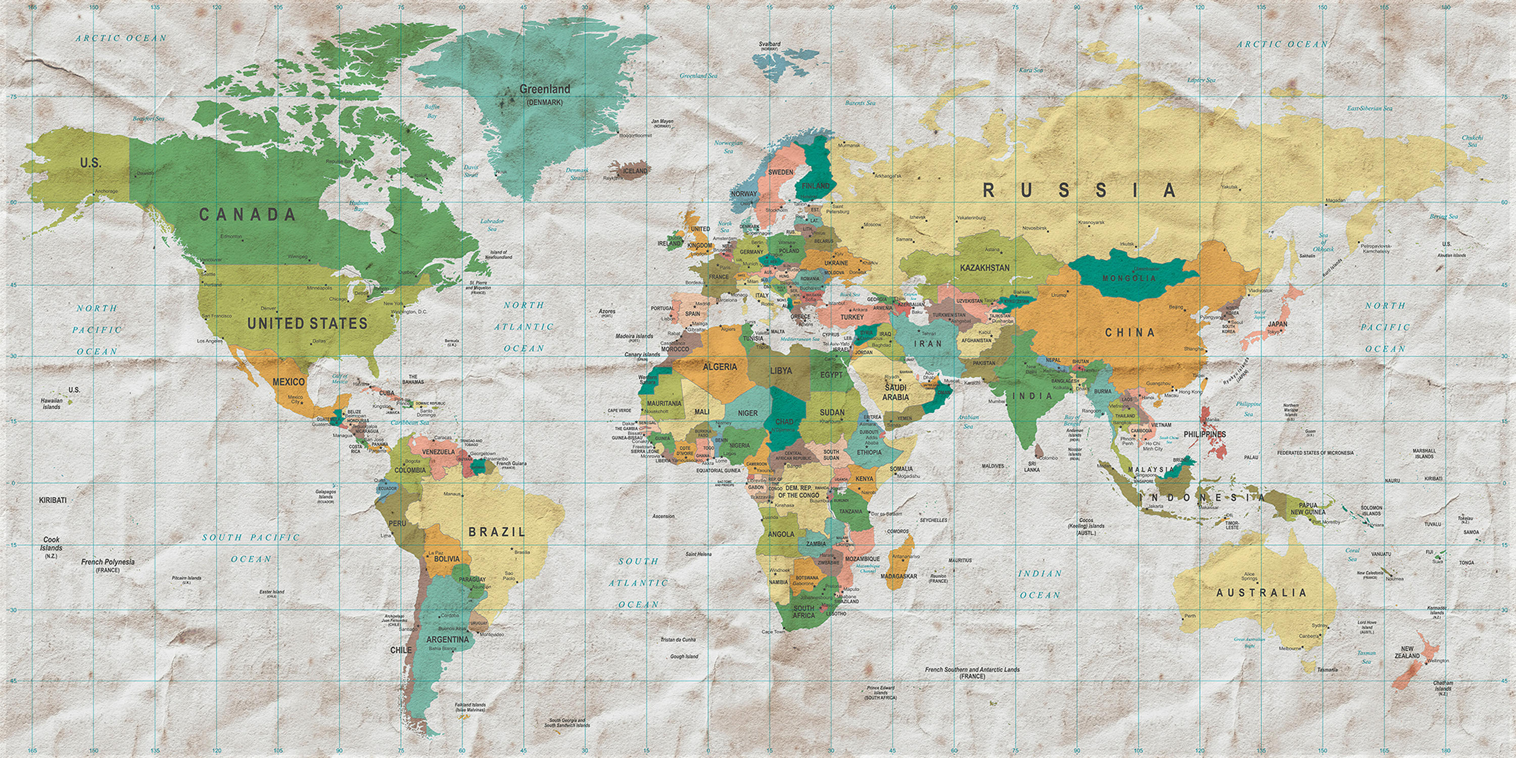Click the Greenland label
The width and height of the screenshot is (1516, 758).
coord(544,89)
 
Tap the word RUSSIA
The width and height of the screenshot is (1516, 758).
coord(1080,190)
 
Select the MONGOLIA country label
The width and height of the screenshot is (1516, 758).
coord(1129,278)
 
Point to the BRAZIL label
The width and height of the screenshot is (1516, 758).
coord(497,532)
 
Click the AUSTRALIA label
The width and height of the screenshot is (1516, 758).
coord(1261,593)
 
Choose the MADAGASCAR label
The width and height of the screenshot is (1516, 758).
coord(898,576)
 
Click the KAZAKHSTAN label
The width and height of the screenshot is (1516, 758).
coord(984,268)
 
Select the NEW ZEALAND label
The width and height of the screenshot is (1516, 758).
coord(1407,652)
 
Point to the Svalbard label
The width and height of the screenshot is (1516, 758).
coord(769,44)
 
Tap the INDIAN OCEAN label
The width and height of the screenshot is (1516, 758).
coord(1040,584)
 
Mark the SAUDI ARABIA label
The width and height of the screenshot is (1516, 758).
coord(895,392)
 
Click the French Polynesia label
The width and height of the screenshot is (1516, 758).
coord(108,562)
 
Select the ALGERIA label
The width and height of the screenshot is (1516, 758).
coord(720,367)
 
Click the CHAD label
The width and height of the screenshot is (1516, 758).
coord(784,421)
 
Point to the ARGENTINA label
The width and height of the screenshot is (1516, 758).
coord(447,639)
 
